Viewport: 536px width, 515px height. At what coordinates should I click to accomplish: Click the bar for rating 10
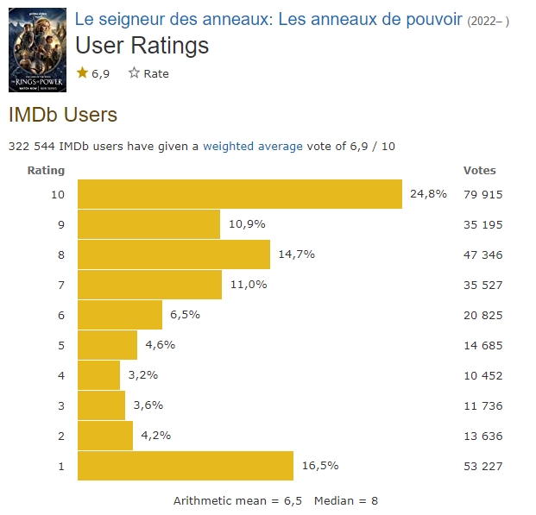(240, 194)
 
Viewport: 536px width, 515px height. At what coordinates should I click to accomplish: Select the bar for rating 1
(186, 466)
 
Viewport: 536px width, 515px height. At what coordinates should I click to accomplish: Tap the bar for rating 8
(173, 254)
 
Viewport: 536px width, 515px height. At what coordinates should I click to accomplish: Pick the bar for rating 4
(99, 375)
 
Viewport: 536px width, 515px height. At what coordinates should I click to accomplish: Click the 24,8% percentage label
(428, 194)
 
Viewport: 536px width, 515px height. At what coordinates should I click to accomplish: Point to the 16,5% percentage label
(319, 466)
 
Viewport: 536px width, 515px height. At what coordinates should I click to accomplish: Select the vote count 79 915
(482, 194)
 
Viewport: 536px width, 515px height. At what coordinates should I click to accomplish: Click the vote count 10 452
(482, 375)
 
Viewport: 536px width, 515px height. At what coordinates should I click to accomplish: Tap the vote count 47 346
(482, 254)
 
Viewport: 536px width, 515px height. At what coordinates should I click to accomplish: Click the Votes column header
(479, 170)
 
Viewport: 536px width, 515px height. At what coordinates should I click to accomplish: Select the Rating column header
(46, 170)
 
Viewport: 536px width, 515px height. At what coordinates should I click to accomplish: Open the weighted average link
(253, 146)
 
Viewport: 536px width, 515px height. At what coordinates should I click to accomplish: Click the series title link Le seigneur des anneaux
(268, 19)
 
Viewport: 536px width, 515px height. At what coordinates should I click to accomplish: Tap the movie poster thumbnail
(37, 49)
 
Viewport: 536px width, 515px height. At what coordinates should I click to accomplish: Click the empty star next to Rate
(134, 73)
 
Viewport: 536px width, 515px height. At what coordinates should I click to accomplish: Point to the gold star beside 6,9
(83, 73)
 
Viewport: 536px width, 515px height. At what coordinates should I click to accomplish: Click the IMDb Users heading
(62, 114)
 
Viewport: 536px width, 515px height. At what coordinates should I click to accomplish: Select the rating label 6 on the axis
(61, 315)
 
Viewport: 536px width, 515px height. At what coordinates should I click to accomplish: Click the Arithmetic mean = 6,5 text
(237, 500)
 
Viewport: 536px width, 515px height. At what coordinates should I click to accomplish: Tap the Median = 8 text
(346, 500)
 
